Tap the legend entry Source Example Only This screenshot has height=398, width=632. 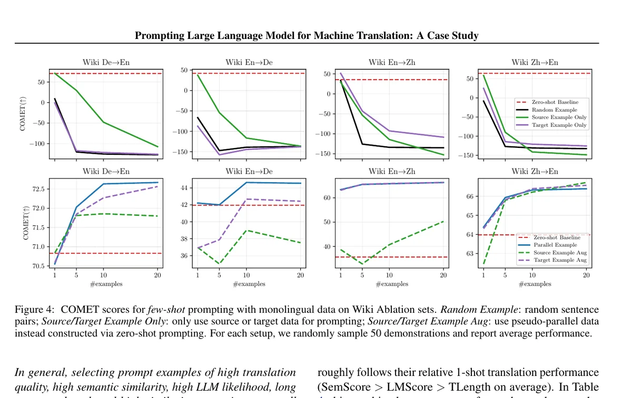[559, 117]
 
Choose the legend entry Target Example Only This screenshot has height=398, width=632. [559, 125]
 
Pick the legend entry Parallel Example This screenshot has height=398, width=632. [555, 245]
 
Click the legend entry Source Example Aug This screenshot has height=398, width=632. [560, 253]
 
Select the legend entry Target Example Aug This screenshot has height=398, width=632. [560, 260]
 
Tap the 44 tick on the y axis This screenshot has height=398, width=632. [184, 188]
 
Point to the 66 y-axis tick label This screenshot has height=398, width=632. [471, 196]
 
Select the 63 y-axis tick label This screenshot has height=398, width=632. [471, 254]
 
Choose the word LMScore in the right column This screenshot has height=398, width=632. [396, 385]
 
